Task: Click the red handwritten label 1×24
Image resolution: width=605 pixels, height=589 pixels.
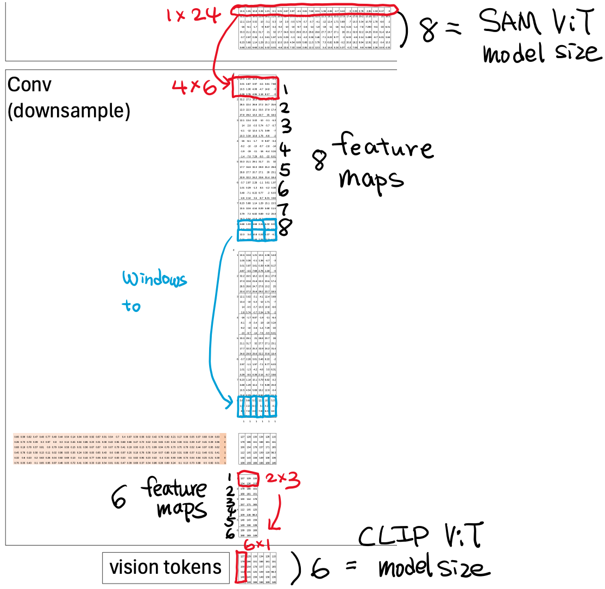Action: (x=193, y=15)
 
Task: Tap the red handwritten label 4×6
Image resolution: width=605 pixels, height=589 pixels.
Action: (x=194, y=87)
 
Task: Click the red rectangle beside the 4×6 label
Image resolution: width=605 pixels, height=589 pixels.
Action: (x=255, y=87)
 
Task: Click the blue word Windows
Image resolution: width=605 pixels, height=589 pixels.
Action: (x=154, y=279)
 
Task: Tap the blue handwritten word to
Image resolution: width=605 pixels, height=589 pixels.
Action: (x=131, y=306)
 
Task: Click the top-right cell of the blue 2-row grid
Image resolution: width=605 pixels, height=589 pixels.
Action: (x=270, y=224)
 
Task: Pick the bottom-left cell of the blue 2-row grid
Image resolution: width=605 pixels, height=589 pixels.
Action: (x=244, y=235)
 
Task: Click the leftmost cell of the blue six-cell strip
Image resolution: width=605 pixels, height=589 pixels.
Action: (x=241, y=406)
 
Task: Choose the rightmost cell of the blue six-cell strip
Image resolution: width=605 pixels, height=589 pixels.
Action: (x=273, y=406)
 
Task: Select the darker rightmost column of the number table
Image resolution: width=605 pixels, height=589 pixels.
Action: (x=224, y=448)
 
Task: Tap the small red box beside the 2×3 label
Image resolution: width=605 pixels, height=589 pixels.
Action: (x=248, y=479)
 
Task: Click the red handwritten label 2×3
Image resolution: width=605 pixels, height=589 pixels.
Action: (x=282, y=480)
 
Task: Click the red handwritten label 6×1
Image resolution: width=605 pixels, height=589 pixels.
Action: (x=257, y=545)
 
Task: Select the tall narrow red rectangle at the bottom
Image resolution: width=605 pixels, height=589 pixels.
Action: (x=241, y=567)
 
